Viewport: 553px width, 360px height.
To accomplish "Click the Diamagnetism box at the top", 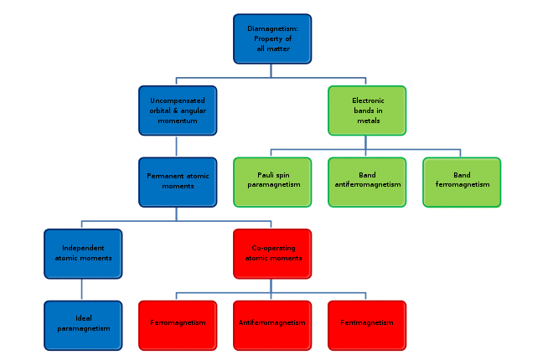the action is [272, 39].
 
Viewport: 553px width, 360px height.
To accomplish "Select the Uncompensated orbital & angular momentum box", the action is [178, 111].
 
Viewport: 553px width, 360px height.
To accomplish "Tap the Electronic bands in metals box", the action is [367, 111].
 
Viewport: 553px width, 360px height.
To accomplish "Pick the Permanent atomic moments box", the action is [178, 183].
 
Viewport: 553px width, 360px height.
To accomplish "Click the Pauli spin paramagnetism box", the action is [272, 183].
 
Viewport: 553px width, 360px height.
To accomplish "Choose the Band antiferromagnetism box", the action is [367, 183].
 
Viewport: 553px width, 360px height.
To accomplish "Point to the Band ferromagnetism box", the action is [462, 183].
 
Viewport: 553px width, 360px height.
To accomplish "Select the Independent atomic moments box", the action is [83, 254].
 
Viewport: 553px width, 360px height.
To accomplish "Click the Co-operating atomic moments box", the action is [272, 254].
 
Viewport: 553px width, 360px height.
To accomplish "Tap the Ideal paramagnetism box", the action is [83, 326].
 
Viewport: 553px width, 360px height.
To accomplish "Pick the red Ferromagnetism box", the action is [178, 326].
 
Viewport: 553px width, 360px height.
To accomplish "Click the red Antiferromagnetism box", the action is [272, 326].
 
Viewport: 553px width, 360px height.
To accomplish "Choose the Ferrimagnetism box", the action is [367, 326].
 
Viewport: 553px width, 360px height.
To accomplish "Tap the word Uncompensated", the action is [178, 100].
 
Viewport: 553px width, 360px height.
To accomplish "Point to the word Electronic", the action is [368, 100].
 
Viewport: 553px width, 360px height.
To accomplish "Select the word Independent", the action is [83, 248].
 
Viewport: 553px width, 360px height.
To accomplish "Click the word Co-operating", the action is [273, 249].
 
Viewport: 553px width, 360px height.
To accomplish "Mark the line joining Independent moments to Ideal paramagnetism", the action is [82, 290].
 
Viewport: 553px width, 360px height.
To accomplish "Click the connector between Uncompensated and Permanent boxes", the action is [176, 147].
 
